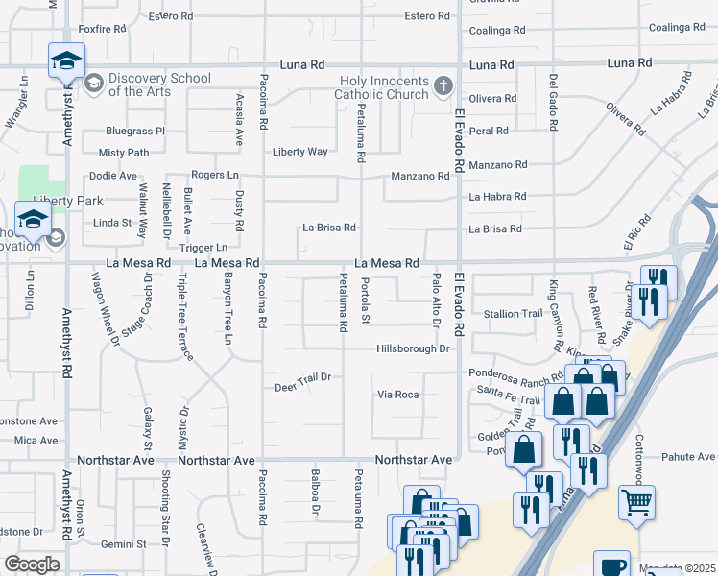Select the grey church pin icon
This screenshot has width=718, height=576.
[443, 86]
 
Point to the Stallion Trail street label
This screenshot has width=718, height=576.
[515, 314]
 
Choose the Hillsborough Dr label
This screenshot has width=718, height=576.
[413, 349]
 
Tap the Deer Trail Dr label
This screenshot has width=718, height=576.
[302, 377]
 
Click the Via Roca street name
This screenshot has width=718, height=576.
[398, 395]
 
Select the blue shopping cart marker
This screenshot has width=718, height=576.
[636, 502]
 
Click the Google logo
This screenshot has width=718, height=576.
[33, 564]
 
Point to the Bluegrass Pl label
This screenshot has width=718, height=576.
[135, 131]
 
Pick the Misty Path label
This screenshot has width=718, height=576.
[124, 153]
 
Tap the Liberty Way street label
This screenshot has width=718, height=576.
[300, 152]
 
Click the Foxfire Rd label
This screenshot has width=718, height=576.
[103, 29]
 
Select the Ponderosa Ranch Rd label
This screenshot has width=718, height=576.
[515, 373]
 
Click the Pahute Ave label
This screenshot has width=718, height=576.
[687, 457]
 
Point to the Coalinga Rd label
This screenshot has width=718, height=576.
[496, 30]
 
